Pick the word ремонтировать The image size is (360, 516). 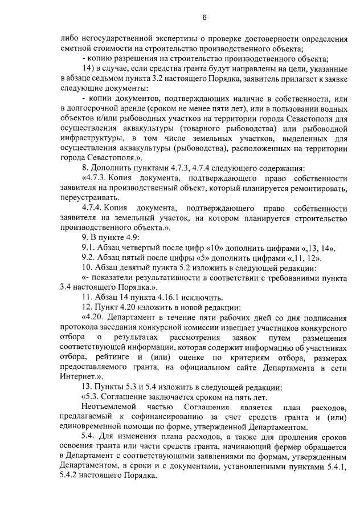[317, 188]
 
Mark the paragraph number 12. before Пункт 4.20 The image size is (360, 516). [88, 307]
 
